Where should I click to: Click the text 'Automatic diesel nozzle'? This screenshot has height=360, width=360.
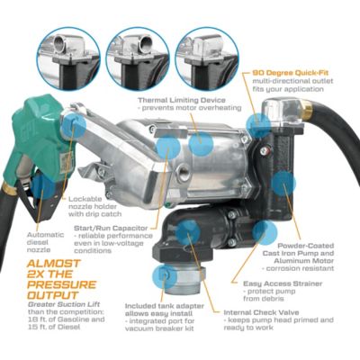click(x=31, y=237)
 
